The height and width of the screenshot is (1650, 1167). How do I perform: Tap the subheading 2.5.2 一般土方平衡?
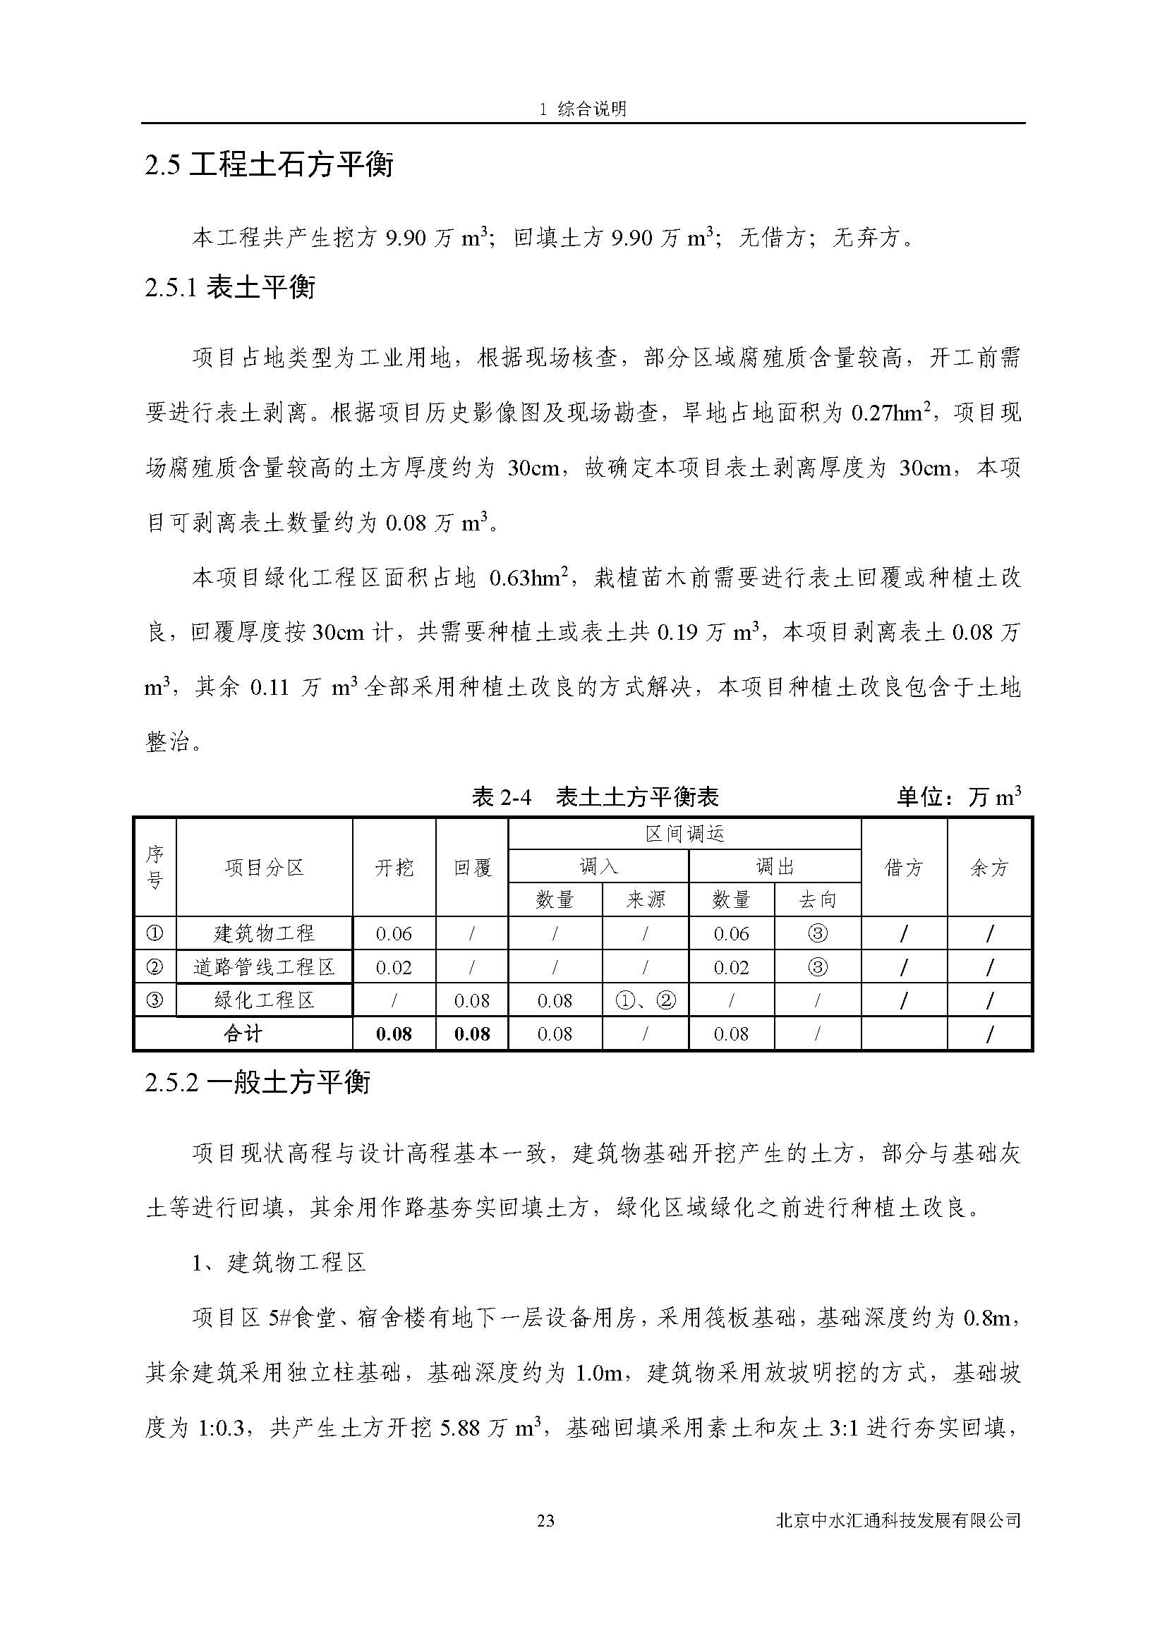tap(258, 1082)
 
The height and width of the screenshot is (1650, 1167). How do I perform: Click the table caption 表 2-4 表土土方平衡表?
tap(595, 797)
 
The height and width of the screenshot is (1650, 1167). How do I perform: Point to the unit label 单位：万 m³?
tap(959, 797)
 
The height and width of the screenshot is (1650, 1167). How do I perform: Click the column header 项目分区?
tap(265, 868)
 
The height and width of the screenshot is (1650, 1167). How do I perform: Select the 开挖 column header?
tap(394, 868)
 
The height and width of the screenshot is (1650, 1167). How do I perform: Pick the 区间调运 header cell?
tap(684, 835)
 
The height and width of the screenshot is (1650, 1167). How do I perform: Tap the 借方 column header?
tap(903, 868)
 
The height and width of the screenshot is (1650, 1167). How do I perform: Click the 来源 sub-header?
tap(646, 899)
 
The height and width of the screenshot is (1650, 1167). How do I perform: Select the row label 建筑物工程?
tap(265, 933)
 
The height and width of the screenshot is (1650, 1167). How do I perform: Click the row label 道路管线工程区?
tap(265, 967)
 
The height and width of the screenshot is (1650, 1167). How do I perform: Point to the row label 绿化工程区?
tap(265, 1000)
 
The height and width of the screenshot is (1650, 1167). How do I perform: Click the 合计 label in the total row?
tap(243, 1033)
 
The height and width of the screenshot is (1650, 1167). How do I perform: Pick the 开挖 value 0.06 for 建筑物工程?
tap(394, 933)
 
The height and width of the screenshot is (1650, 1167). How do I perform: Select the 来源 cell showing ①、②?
tap(646, 1000)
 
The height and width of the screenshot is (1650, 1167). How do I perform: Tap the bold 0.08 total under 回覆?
tap(472, 1033)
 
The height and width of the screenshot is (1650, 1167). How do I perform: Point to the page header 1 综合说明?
tap(583, 109)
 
